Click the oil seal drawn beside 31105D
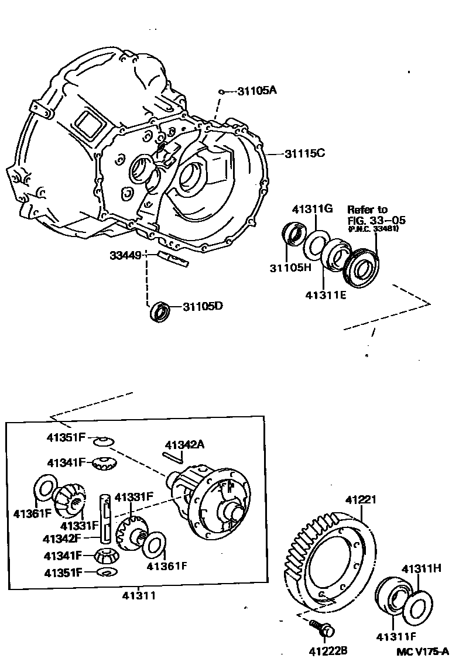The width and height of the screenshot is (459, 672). pyautogui.click(x=159, y=311)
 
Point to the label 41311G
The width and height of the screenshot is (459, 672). pyautogui.click(x=313, y=209)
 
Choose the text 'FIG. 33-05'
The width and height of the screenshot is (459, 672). pyautogui.click(x=376, y=220)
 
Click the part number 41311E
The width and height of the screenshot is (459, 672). pyautogui.click(x=326, y=295)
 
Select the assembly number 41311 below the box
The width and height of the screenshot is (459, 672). pyautogui.click(x=139, y=596)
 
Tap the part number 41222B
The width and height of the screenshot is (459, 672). pyautogui.click(x=328, y=650)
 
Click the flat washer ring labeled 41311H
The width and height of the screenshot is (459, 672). pyautogui.click(x=419, y=608)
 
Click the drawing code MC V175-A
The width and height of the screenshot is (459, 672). pyautogui.click(x=420, y=651)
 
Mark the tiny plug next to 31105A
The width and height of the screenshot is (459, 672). pyautogui.click(x=222, y=91)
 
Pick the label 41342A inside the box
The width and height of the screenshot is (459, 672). pyautogui.click(x=184, y=444)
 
